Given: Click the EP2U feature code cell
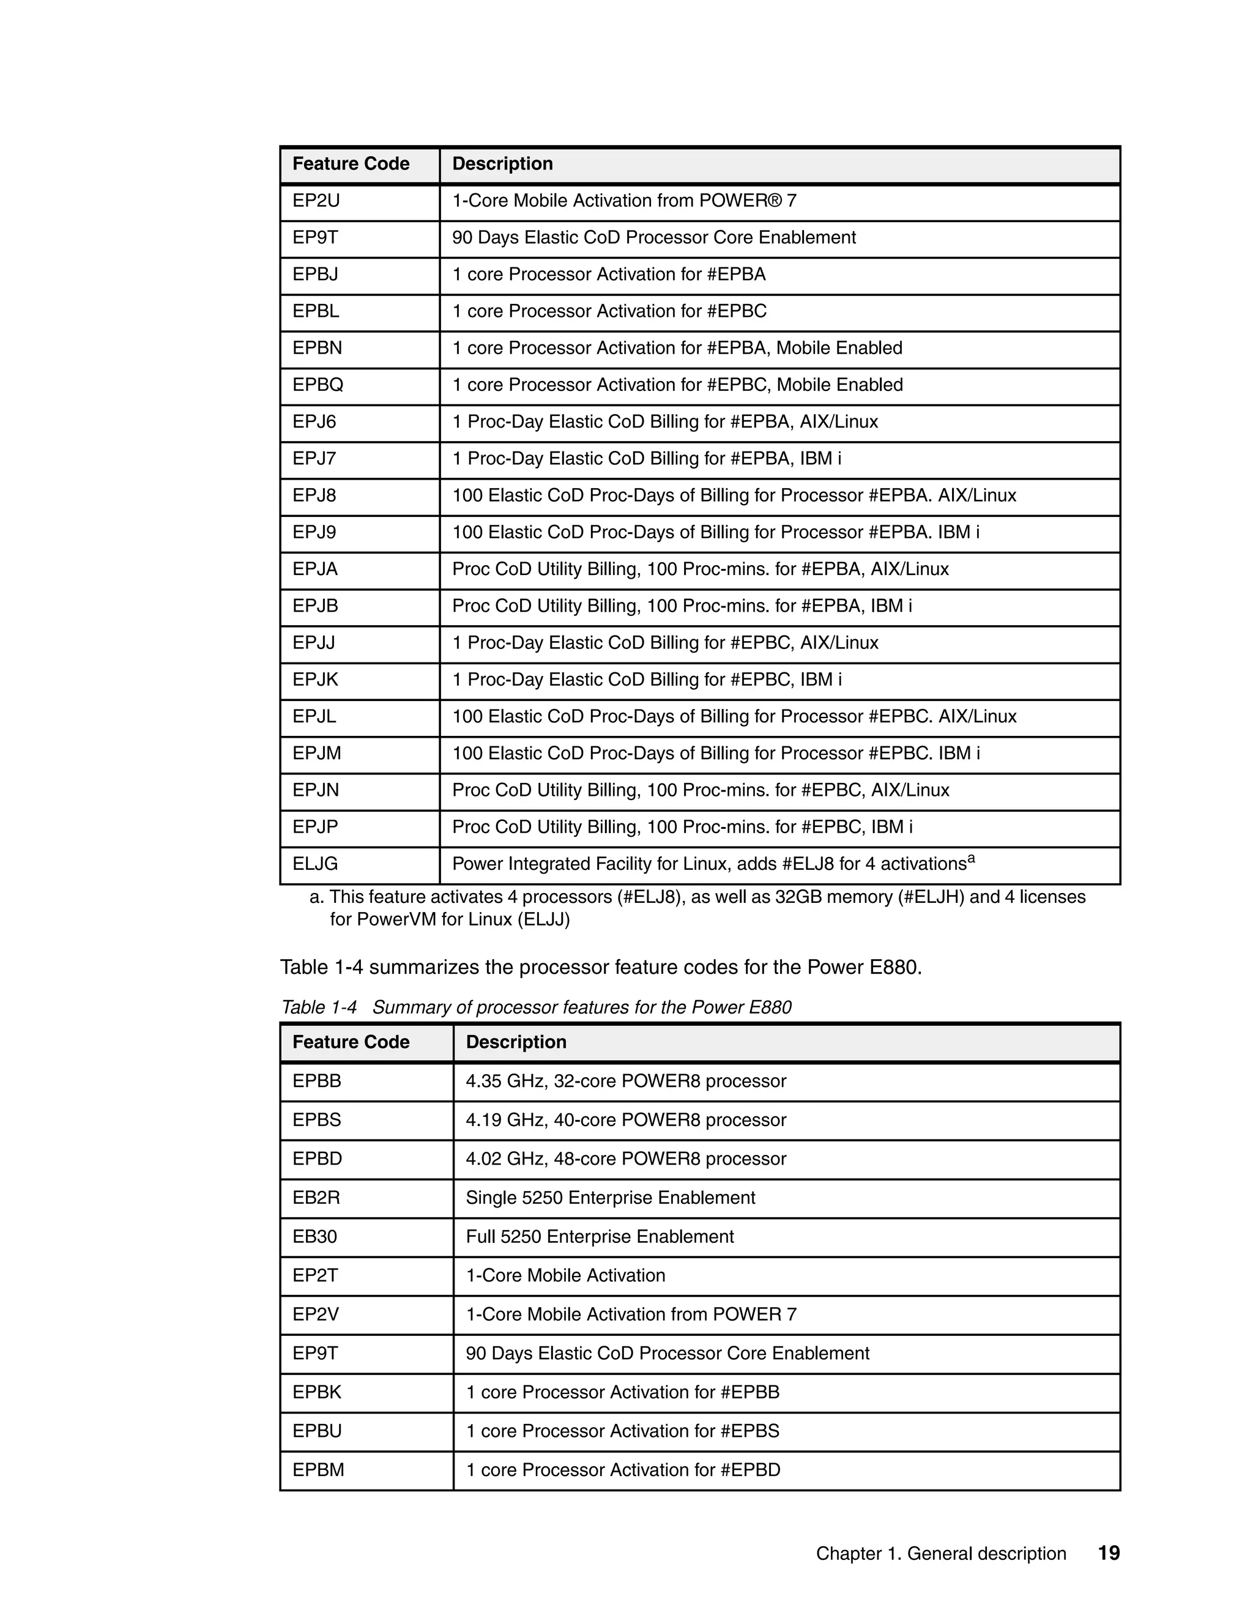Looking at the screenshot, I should pyautogui.click(x=316, y=201).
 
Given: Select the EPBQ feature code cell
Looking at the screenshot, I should pyautogui.click(x=318, y=385).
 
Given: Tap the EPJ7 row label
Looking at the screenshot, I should pyautogui.click(x=314, y=459).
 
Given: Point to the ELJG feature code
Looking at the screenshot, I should pyautogui.click(x=314, y=864).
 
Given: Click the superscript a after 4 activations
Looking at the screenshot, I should pyautogui.click(x=971, y=859).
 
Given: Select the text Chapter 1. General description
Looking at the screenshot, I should pyautogui.click(x=940, y=1554).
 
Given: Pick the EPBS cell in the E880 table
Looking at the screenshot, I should pyautogui.click(x=317, y=1120).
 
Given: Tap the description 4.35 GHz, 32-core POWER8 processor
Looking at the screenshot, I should pyautogui.click(x=626, y=1081).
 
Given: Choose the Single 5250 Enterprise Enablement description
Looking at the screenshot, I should pyautogui.click(x=610, y=1198).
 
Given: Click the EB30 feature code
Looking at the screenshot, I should pyautogui.click(x=314, y=1236).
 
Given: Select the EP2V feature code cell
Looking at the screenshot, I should pyautogui.click(x=316, y=1315).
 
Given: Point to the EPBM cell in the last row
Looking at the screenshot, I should pyautogui.click(x=318, y=1471).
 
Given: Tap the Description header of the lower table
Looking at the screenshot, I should pyautogui.click(x=516, y=1042).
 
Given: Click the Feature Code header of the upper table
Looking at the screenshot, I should pyautogui.click(x=351, y=164).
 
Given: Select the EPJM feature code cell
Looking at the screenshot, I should pyautogui.click(x=317, y=754).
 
